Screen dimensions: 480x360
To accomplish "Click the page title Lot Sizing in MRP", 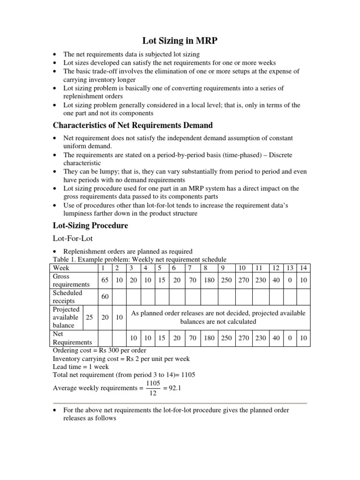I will point(180,42).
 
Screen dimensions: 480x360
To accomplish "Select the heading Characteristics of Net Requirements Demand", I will point(133,125).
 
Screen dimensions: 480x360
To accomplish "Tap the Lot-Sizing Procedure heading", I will point(90,225).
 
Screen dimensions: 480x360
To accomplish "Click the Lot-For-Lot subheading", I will point(73,239).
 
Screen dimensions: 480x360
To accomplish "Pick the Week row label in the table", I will point(61,268).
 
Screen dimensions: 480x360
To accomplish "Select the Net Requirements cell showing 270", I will point(242,338).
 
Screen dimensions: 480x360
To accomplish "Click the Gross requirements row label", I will point(71,280).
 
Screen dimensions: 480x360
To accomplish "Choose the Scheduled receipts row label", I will point(67,297).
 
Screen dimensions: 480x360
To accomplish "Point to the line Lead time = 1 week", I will point(81,367).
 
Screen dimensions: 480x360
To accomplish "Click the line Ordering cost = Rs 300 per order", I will point(99,350).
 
